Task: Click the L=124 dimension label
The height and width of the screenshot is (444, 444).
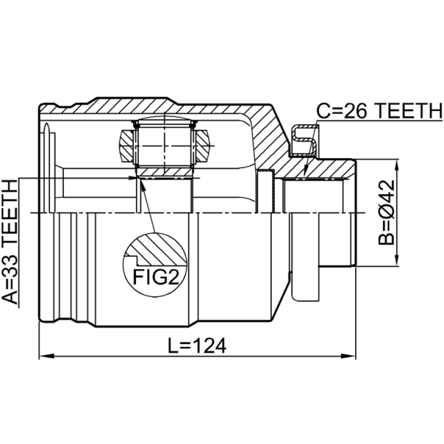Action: [197, 345]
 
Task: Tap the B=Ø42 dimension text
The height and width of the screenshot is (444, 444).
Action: [386, 213]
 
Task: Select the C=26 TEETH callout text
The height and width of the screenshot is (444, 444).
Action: [379, 112]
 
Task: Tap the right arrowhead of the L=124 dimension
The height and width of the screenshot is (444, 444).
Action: [349, 356]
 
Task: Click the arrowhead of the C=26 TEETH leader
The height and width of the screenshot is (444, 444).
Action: [304, 172]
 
